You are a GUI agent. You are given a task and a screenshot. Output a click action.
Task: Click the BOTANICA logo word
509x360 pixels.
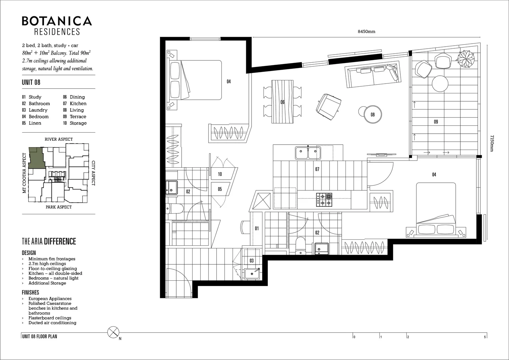(57, 21)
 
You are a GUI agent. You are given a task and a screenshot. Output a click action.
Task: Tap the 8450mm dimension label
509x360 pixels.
(366, 32)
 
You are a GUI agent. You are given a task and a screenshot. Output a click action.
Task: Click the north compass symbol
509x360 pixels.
(113, 332)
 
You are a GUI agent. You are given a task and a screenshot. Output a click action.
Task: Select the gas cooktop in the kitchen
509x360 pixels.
(324, 200)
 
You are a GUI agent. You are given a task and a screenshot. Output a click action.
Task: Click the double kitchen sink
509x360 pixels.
(308, 153)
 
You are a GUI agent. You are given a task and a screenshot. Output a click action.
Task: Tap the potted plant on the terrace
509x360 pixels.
(466, 59)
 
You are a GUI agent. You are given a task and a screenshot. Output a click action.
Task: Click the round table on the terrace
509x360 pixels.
(440, 83)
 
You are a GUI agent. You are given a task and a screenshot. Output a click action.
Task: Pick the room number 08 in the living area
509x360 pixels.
(373, 115)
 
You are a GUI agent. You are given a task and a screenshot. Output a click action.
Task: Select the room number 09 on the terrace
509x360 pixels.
(436, 122)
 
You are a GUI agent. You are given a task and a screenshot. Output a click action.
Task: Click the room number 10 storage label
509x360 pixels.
(220, 174)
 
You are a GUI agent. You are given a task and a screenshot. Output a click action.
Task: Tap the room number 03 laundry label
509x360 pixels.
(252, 261)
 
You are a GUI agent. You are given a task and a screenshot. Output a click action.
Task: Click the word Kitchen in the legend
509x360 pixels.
(78, 103)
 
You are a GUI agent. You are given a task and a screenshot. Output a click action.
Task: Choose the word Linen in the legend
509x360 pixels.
(35, 123)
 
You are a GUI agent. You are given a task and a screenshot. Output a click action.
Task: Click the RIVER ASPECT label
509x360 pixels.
(59, 139)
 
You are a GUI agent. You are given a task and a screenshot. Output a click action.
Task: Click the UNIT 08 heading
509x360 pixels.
(31, 82)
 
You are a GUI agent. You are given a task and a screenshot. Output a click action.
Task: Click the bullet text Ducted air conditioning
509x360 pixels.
(52, 323)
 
